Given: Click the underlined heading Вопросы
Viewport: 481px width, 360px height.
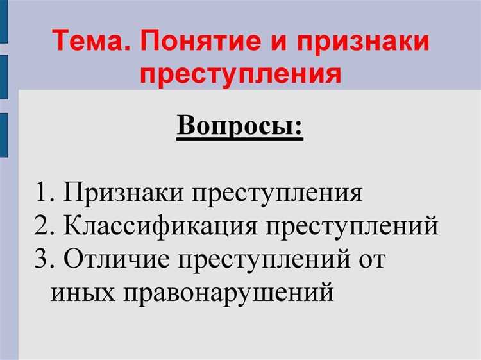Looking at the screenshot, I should tap(239, 126).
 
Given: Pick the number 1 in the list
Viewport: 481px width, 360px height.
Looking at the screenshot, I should tap(43, 193).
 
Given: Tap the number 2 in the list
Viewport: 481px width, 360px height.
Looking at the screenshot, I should tap(43, 227).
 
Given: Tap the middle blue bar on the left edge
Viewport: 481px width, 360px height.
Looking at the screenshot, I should tap(3, 76).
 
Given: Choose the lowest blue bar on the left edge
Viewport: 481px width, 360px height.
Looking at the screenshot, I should tap(3, 134).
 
